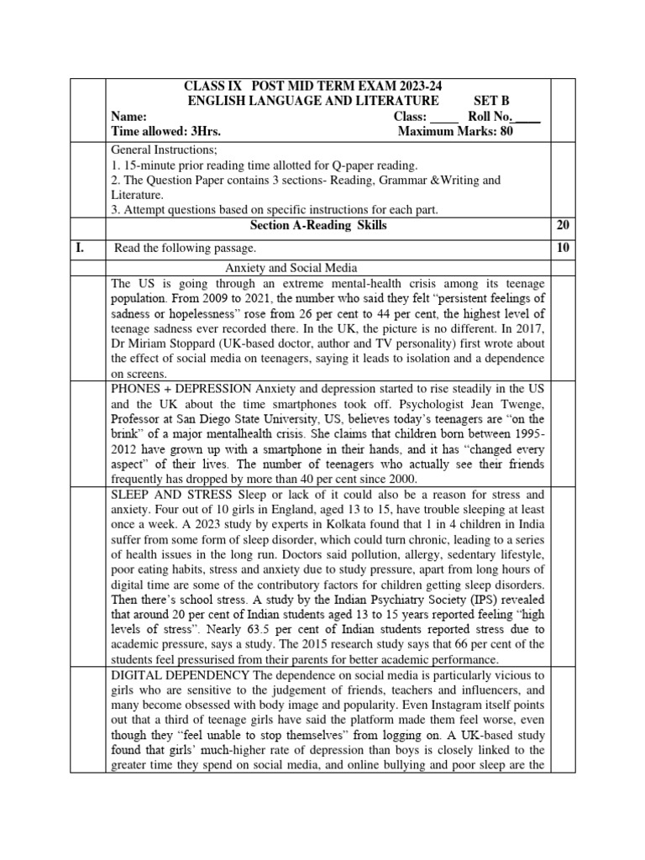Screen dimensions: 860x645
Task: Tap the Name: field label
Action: point(129,117)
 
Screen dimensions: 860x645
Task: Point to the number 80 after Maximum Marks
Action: point(505,131)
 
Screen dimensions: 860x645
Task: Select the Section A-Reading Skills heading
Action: point(319,225)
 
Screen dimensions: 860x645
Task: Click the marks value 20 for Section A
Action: point(563,225)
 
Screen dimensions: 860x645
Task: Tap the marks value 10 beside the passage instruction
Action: point(563,248)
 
